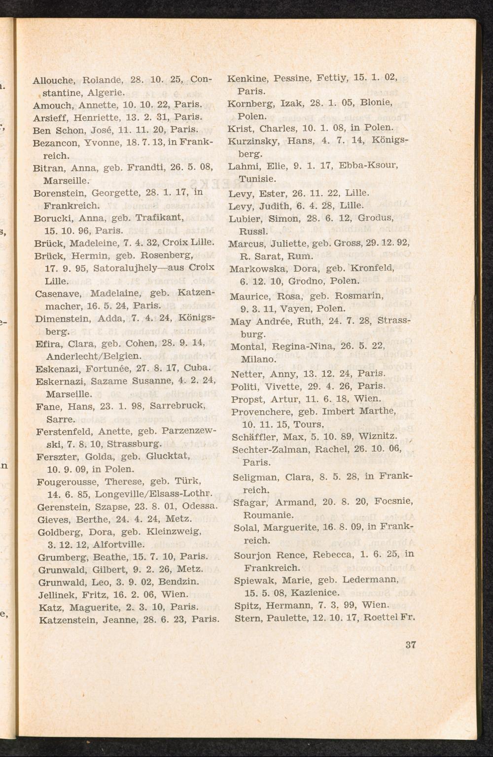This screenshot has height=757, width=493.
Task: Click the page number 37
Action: pyautogui.click(x=410, y=644)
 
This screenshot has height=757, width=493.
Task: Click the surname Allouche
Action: pyautogui.click(x=53, y=79)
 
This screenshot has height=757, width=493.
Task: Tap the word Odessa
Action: pyautogui.click(x=200, y=506)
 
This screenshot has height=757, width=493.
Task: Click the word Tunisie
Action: pyautogui.click(x=257, y=178)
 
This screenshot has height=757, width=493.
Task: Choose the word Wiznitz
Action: pyautogui.click(x=378, y=437)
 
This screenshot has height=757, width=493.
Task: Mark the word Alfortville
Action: pyautogui.click(x=120, y=545)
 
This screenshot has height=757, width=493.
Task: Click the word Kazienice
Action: pyautogui.click(x=315, y=592)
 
